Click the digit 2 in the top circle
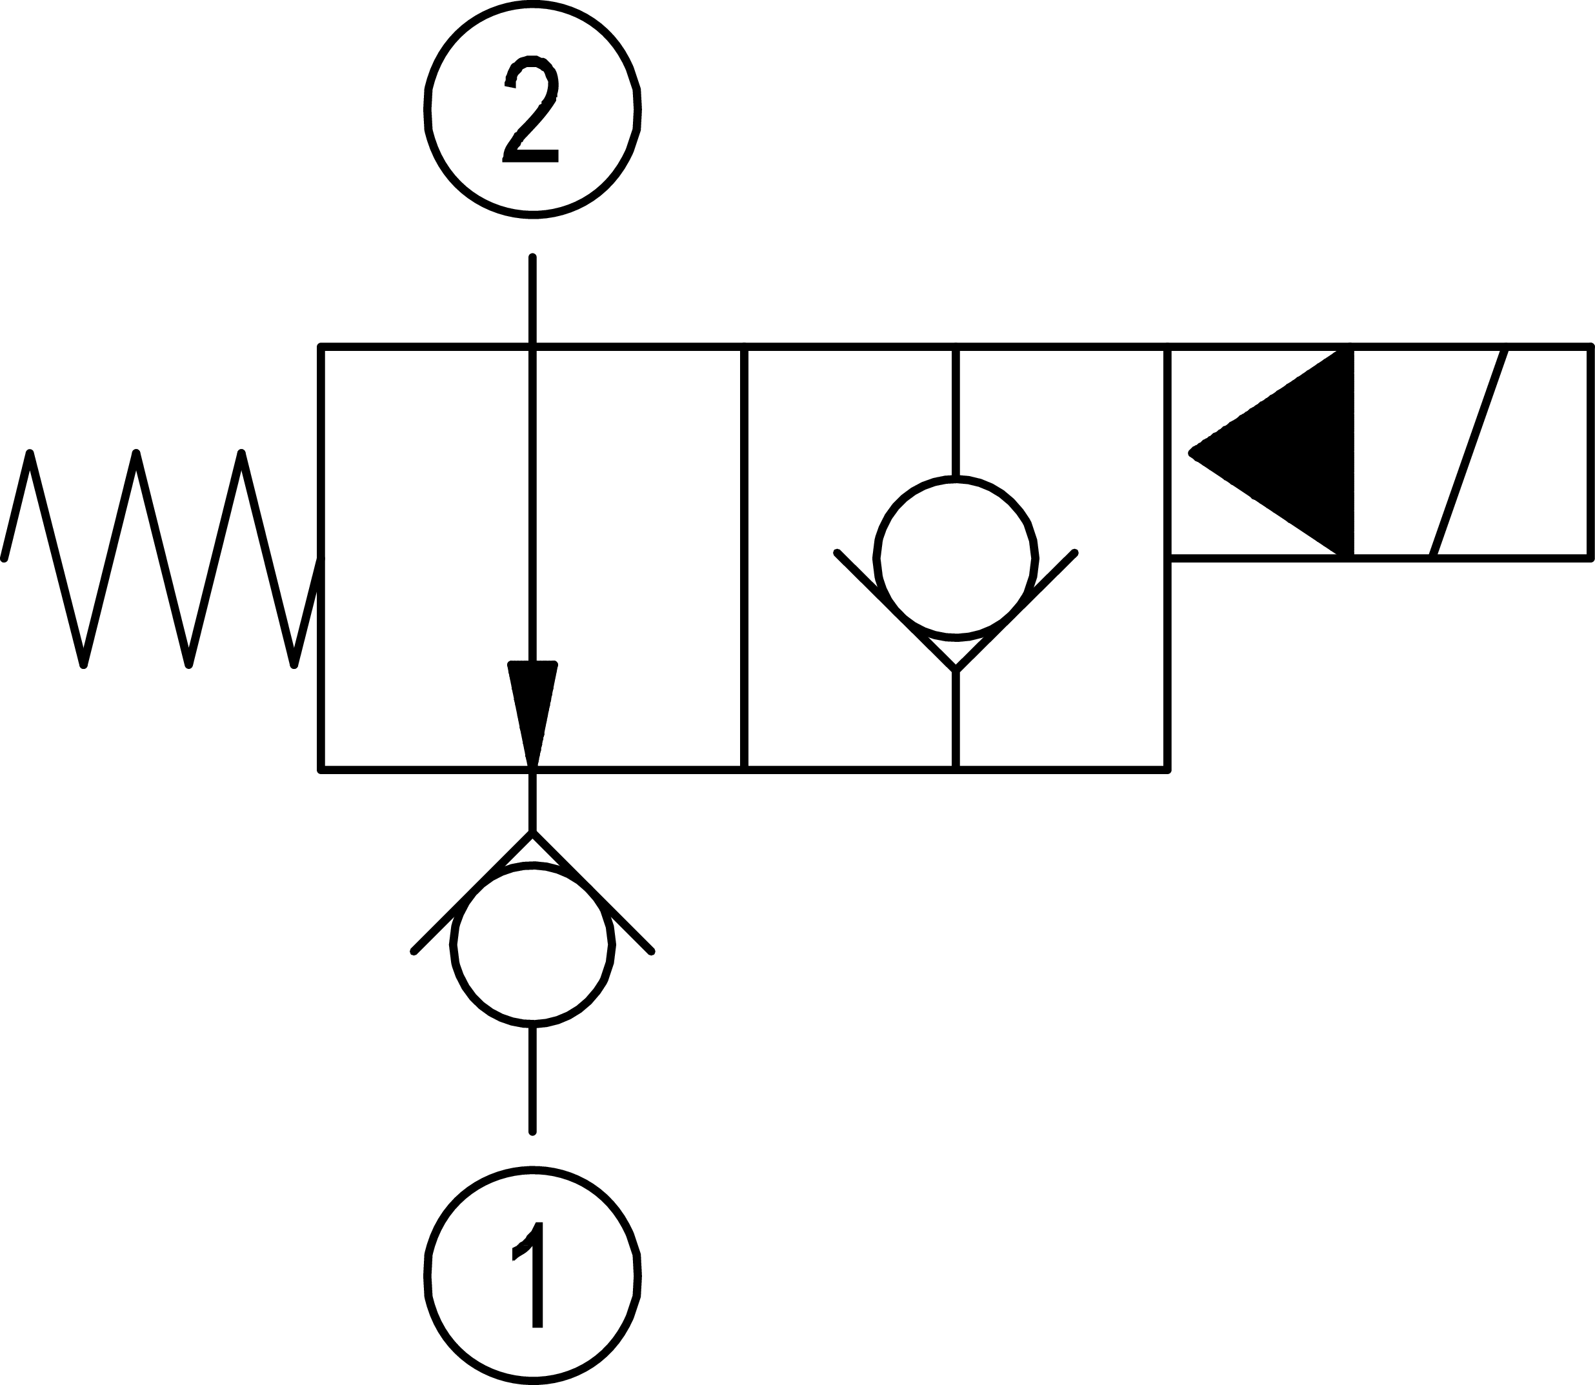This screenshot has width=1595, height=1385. (x=531, y=109)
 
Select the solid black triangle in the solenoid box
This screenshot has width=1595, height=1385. (x=1271, y=452)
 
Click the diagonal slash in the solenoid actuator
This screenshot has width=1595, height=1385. (x=1470, y=452)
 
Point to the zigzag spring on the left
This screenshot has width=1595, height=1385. (x=161, y=558)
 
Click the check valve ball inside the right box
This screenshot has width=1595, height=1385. (x=956, y=559)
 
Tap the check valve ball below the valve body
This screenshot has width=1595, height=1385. (x=533, y=944)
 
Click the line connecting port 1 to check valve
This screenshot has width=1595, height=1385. (x=532, y=1080)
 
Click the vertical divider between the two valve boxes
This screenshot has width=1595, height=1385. (x=744, y=559)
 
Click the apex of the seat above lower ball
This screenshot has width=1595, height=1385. (x=532, y=832)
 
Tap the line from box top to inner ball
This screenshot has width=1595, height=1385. (x=956, y=413)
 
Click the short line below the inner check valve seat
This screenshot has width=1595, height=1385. (x=956, y=719)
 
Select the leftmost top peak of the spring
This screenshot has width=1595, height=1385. (x=30, y=452)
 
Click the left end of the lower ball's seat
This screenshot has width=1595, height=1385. (x=414, y=952)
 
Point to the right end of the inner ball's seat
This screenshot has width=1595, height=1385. (x=1074, y=553)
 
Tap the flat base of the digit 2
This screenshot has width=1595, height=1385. (x=531, y=156)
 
